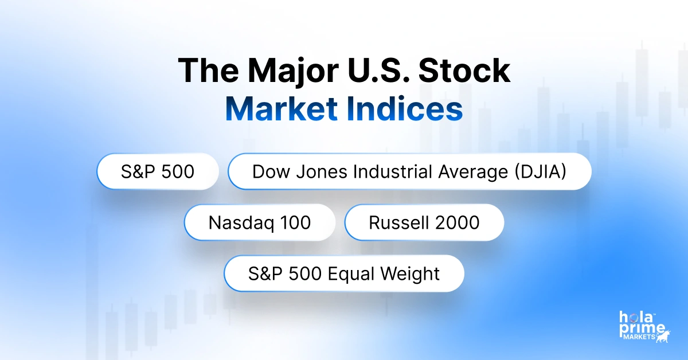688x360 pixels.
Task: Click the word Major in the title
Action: coord(293,71)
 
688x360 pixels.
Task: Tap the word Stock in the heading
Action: coord(464,71)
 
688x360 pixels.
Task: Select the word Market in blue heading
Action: coord(282,109)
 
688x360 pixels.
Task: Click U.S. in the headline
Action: coord(378,71)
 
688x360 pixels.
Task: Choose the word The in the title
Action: coord(208,71)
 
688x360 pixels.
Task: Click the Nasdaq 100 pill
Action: coord(260,222)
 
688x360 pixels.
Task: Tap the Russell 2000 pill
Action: coord(424,222)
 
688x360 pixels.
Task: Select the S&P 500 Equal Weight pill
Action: coord(344,273)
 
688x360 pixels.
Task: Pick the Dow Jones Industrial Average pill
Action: coord(409,171)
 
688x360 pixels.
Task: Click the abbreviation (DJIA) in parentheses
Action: coord(541,171)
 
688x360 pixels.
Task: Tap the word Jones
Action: coord(324,171)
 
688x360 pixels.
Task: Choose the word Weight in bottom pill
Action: coord(410,273)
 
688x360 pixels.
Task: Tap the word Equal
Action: coord(351,273)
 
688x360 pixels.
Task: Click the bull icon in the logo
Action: coord(663,336)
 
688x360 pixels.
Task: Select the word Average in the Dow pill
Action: coord(473,172)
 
